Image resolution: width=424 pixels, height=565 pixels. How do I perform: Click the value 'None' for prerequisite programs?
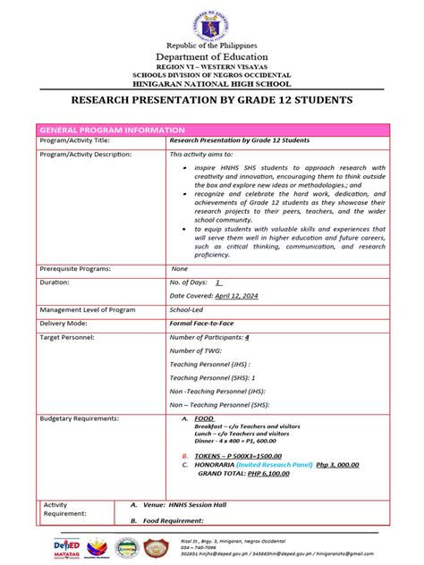click(179, 268)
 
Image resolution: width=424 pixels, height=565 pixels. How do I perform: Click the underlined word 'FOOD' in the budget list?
click(204, 418)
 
